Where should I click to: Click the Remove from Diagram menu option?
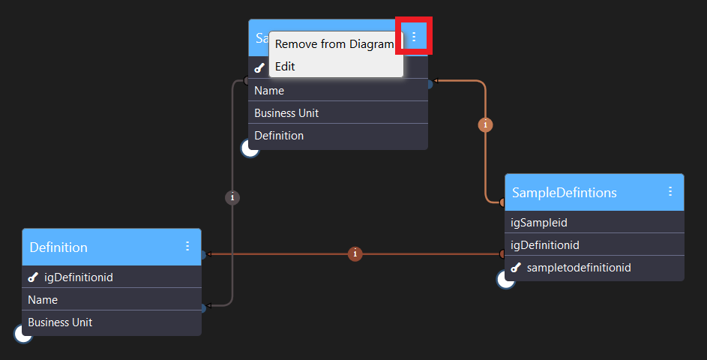click(334, 44)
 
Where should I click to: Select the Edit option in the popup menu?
click(285, 67)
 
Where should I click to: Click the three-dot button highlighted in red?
click(414, 36)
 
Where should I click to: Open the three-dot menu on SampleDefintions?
click(670, 192)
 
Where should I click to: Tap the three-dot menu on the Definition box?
click(187, 247)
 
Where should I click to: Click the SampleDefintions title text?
click(564, 193)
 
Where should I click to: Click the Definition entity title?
click(58, 247)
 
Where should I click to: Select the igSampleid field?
click(538, 223)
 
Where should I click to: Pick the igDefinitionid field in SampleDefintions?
click(544, 245)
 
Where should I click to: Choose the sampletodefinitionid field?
click(578, 268)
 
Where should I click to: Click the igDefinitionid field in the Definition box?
click(79, 277)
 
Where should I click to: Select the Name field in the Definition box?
click(43, 300)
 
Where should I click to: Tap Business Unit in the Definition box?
click(60, 322)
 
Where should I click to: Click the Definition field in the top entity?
click(279, 136)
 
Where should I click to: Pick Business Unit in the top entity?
click(286, 113)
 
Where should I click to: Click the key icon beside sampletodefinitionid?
click(515, 268)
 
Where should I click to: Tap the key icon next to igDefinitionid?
click(32, 277)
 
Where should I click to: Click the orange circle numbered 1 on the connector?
click(486, 125)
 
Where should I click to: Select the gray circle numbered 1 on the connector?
click(232, 197)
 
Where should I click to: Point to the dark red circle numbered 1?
click(355, 254)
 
